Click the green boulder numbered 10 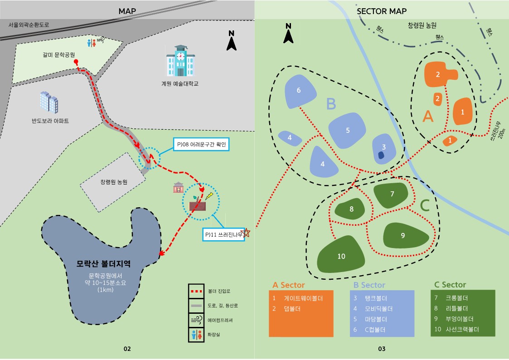point(341,256)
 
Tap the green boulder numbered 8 point(351,209)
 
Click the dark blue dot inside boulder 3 point(381,155)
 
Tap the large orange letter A point(427,117)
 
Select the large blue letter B point(331,104)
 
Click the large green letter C point(424,206)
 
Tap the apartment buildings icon point(48,102)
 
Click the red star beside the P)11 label point(247,233)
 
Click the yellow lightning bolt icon point(209,196)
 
